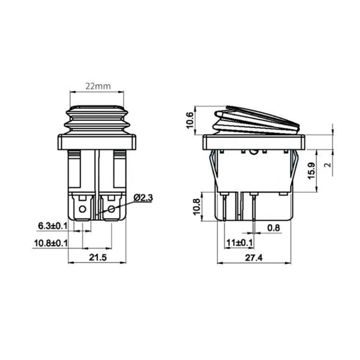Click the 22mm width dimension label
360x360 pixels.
[x=98, y=86]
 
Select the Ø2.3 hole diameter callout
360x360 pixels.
[x=143, y=198]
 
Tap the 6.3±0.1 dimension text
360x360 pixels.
[x=53, y=226]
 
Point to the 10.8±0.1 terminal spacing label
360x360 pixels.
[x=51, y=243]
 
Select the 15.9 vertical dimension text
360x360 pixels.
[x=312, y=170]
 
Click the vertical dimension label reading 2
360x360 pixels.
[x=327, y=165]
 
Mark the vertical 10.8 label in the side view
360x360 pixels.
[x=196, y=206]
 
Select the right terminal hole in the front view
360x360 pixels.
[x=111, y=209]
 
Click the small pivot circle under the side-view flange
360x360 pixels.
[x=254, y=152]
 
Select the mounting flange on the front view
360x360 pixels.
[x=97, y=142]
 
